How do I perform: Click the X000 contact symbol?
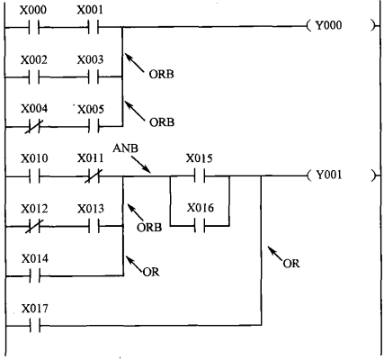point(34,28)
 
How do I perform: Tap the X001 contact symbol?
point(94,28)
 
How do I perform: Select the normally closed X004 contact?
point(34,127)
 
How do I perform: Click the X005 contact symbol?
point(94,127)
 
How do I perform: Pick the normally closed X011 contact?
point(94,176)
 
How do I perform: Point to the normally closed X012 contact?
point(34,227)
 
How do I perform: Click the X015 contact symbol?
point(200,176)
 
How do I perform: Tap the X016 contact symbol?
point(200,226)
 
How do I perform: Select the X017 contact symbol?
point(35,326)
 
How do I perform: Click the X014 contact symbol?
point(35,275)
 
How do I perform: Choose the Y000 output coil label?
point(328,25)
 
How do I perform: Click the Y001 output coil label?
point(329,175)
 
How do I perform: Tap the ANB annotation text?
point(126,148)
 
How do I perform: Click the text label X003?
point(90,59)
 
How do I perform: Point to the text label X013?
point(91,209)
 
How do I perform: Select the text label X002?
point(34,60)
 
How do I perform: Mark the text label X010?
point(34,158)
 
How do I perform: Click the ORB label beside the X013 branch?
point(149,228)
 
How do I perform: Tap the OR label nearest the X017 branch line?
point(291,264)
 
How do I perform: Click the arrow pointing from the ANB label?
point(141,165)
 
